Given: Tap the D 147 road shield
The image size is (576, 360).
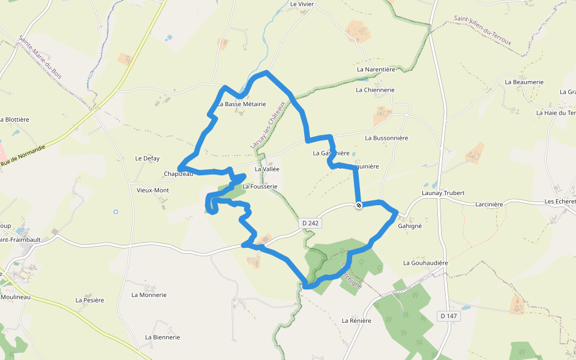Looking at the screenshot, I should click(448, 316).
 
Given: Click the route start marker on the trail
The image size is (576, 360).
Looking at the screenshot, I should click(359, 205).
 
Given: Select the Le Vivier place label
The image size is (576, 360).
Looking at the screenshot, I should click(302, 4).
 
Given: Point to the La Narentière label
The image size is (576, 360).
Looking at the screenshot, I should click(376, 70).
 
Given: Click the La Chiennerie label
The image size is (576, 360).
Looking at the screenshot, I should click(375, 90).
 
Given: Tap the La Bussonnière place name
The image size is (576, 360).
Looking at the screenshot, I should click(386, 138).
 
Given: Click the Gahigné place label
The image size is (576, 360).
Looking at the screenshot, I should click(410, 226).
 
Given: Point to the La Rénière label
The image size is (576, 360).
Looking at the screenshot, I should click(356, 320).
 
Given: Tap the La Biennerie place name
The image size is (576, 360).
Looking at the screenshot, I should click(163, 337).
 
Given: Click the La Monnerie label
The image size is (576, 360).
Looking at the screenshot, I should click(148, 295).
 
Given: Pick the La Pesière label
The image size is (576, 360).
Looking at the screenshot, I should click(90, 300).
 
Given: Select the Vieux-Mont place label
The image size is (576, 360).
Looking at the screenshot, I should click(153, 190).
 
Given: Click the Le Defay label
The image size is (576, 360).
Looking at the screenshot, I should click(148, 158).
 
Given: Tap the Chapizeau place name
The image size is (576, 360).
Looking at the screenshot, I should click(178, 174).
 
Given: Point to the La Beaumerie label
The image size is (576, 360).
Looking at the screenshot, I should click(524, 82).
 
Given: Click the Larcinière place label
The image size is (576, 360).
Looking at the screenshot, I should click(488, 204).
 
